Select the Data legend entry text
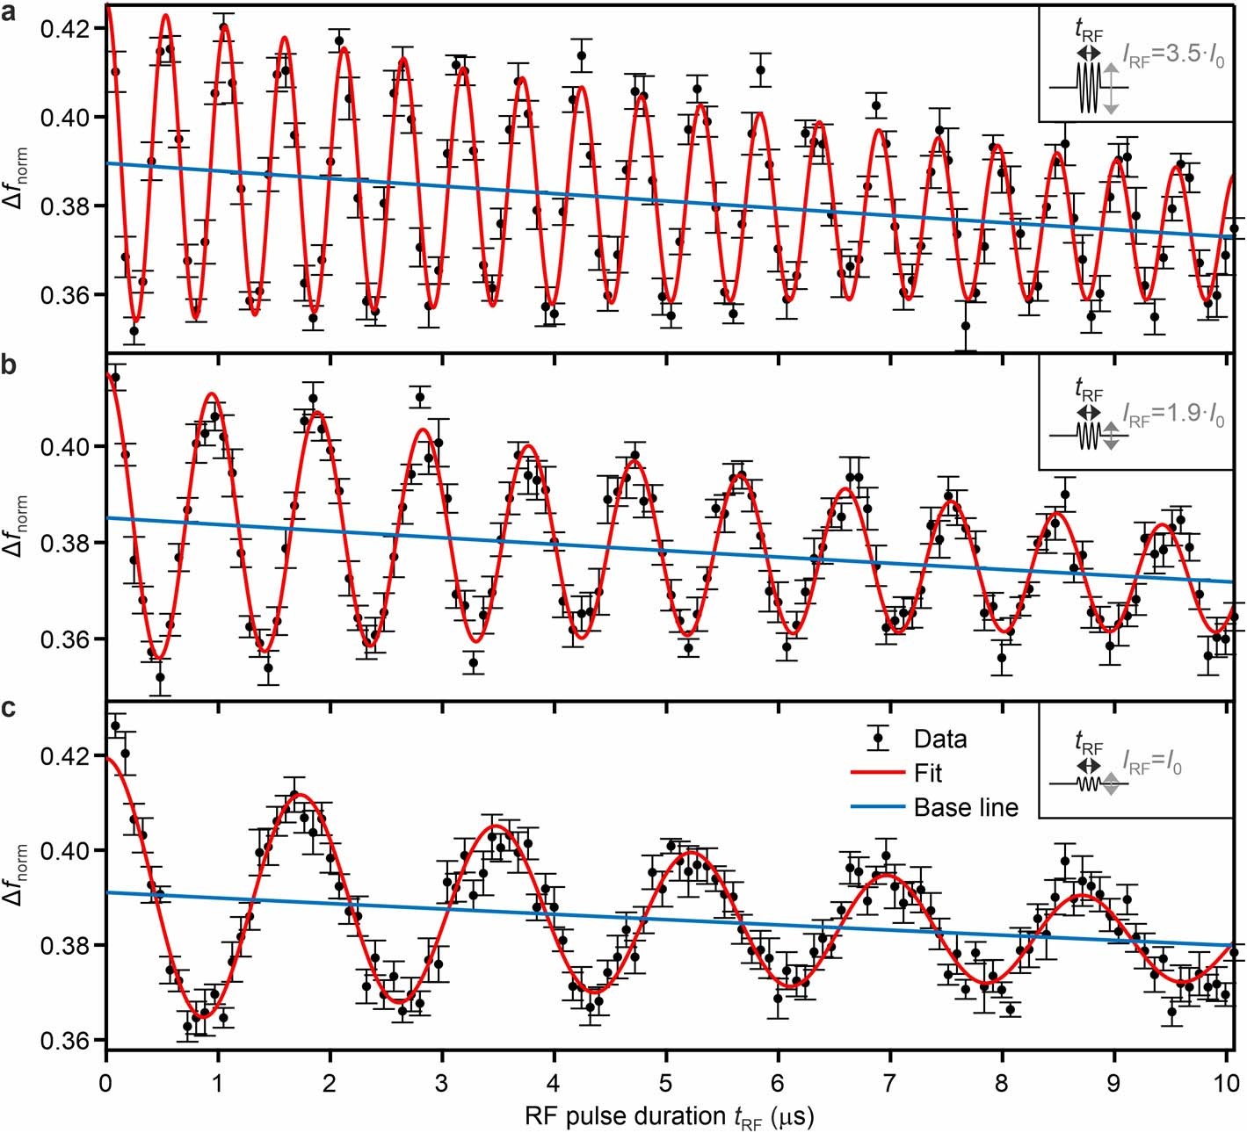(x=939, y=740)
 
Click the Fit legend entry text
(x=927, y=774)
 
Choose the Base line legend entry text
(x=965, y=808)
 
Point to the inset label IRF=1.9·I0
(x=1174, y=415)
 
